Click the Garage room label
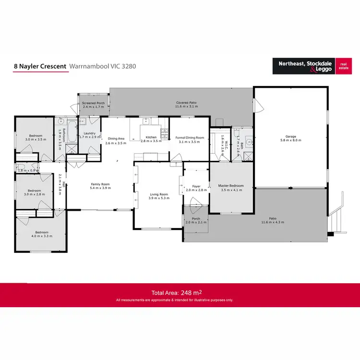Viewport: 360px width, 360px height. pyautogui.click(x=291, y=136)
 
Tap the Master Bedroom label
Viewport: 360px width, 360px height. pyautogui.click(x=231, y=186)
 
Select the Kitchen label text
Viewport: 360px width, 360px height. pyautogui.click(x=152, y=137)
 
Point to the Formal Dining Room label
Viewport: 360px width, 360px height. pyautogui.click(x=190, y=138)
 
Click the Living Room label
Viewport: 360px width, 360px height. pyautogui.click(x=159, y=194)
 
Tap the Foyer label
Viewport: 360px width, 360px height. pyautogui.click(x=196, y=186)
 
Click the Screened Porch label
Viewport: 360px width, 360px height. pyautogui.click(x=93, y=103)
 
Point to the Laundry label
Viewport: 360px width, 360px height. pyautogui.click(x=89, y=133)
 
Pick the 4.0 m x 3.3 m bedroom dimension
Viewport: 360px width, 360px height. pyautogui.click(x=41, y=237)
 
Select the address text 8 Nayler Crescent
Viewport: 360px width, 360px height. pyautogui.click(x=40, y=66)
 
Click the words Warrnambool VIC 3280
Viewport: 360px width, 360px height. pyautogui.click(x=103, y=66)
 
